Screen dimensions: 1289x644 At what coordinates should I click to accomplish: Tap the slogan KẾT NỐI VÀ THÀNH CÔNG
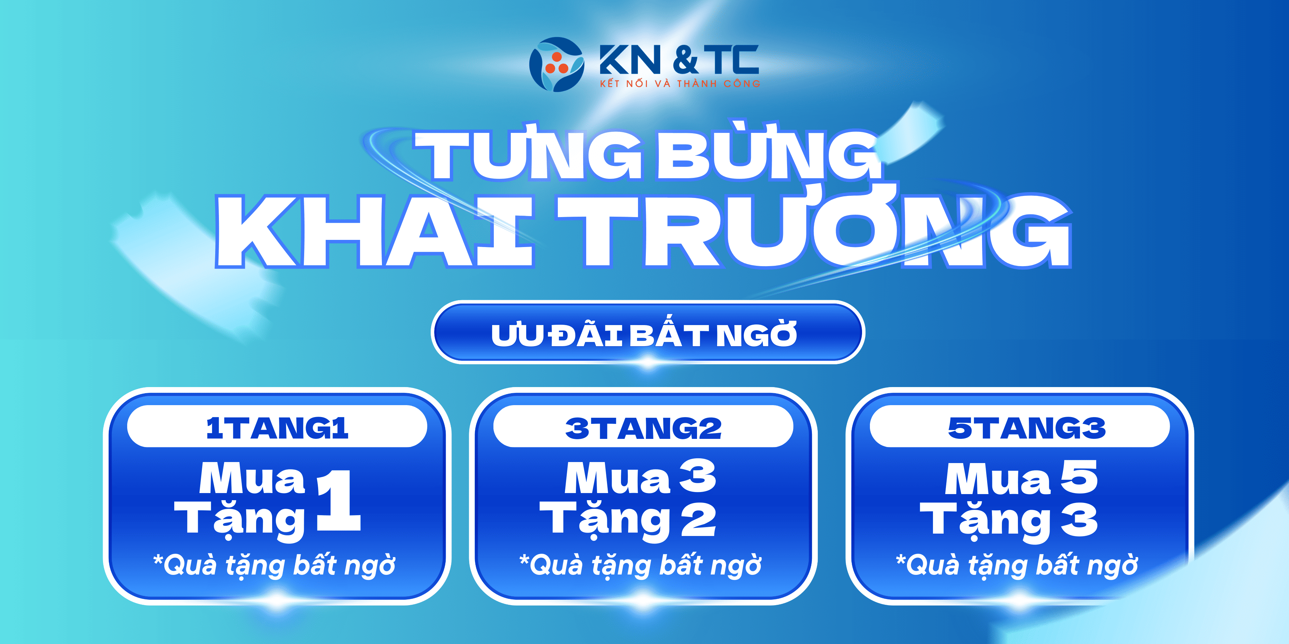point(680,83)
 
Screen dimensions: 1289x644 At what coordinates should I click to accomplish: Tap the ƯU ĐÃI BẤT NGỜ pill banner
point(648,333)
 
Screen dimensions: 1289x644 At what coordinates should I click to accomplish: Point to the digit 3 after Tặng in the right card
point(1079,520)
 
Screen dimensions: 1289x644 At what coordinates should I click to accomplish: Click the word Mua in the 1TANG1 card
point(252,478)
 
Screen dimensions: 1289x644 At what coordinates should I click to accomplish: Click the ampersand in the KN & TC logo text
point(685,60)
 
